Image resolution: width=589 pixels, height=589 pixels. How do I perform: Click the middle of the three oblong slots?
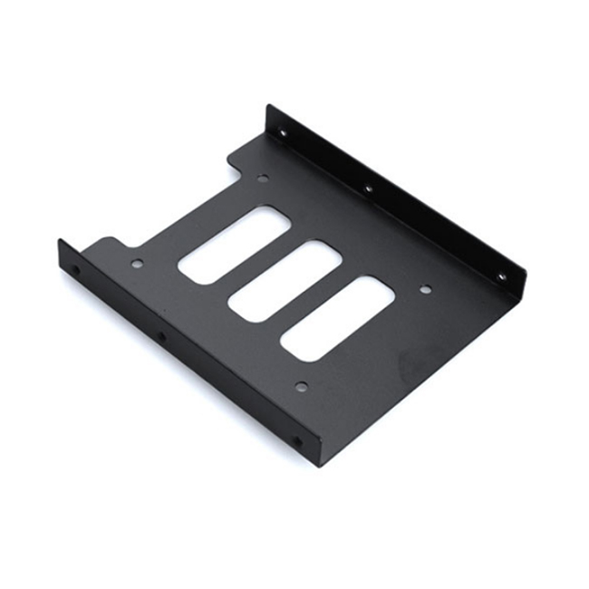(285, 279)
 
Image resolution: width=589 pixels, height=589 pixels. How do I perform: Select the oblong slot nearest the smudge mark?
(336, 314)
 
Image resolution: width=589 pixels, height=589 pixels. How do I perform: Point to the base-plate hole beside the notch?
(263, 179)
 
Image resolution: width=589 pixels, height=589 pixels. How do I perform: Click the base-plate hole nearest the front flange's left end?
(137, 265)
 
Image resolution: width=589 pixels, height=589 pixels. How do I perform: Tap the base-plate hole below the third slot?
(302, 386)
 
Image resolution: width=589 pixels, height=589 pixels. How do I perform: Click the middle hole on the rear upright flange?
(368, 188)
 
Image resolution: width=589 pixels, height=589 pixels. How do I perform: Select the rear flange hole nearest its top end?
(284, 133)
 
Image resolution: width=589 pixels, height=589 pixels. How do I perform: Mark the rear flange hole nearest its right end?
(500, 275)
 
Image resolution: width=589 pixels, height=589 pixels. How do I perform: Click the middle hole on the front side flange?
(162, 338)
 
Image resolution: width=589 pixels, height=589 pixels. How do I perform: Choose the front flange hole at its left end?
(75, 270)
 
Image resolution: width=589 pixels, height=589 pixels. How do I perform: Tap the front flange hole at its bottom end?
(295, 442)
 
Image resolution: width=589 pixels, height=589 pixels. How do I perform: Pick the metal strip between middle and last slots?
(311, 297)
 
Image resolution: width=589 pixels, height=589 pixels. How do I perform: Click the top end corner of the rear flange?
(268, 107)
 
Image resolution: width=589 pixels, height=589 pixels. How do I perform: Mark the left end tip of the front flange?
(60, 243)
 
